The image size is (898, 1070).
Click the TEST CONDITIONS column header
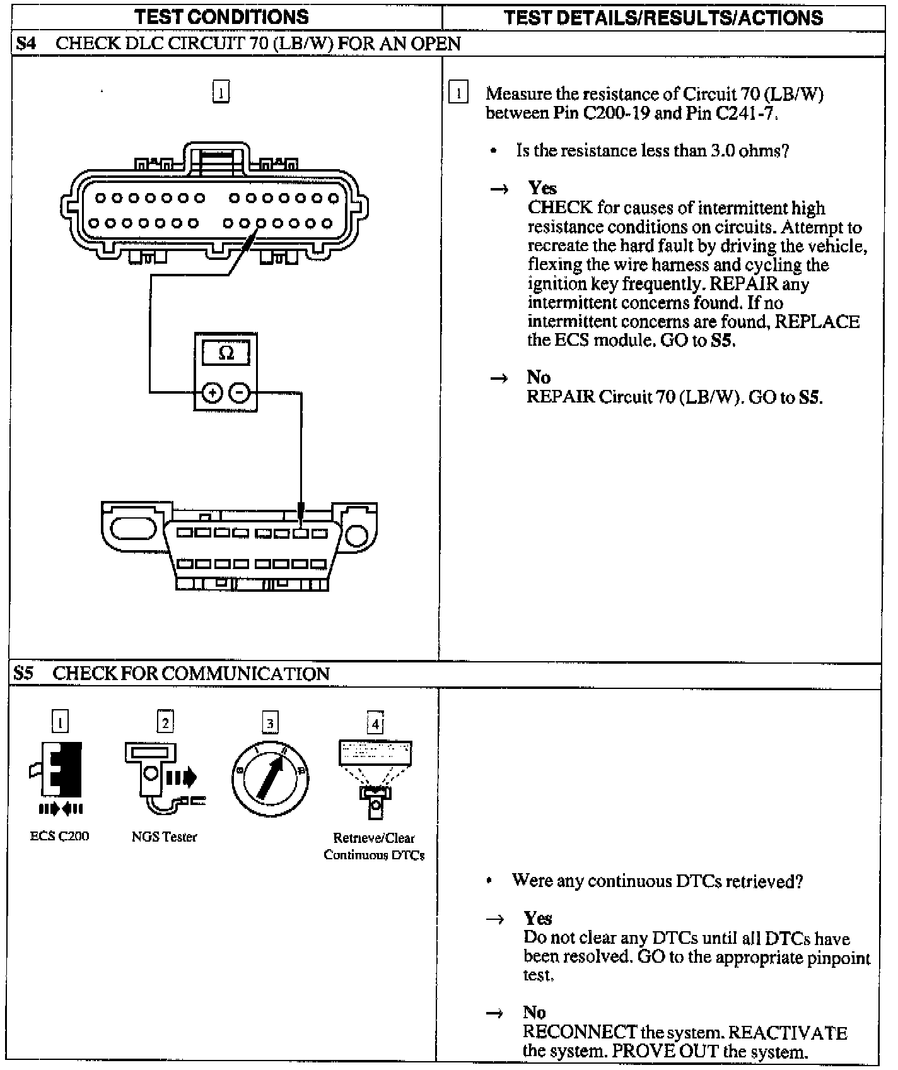[x=221, y=17]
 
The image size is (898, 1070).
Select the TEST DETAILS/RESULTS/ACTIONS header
[x=663, y=17]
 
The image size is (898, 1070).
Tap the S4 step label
[x=26, y=44]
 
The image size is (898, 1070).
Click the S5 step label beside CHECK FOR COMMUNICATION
[x=24, y=673]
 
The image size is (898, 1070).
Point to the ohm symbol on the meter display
[x=226, y=353]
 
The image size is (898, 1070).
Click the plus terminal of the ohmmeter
[x=213, y=393]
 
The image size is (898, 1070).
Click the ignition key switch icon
[x=270, y=779]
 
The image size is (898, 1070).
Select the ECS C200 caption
[x=59, y=837]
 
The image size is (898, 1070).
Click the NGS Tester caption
[x=164, y=837]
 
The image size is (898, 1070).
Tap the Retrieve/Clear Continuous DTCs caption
[x=374, y=847]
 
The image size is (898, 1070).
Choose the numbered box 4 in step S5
[x=375, y=723]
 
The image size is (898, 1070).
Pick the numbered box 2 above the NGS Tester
[x=165, y=722]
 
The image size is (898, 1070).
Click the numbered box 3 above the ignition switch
[x=270, y=723]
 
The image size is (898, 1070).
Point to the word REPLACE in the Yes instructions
[x=817, y=321]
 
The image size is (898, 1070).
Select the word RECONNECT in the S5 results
[x=580, y=1032]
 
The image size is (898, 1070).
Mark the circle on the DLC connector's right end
[x=357, y=535]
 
